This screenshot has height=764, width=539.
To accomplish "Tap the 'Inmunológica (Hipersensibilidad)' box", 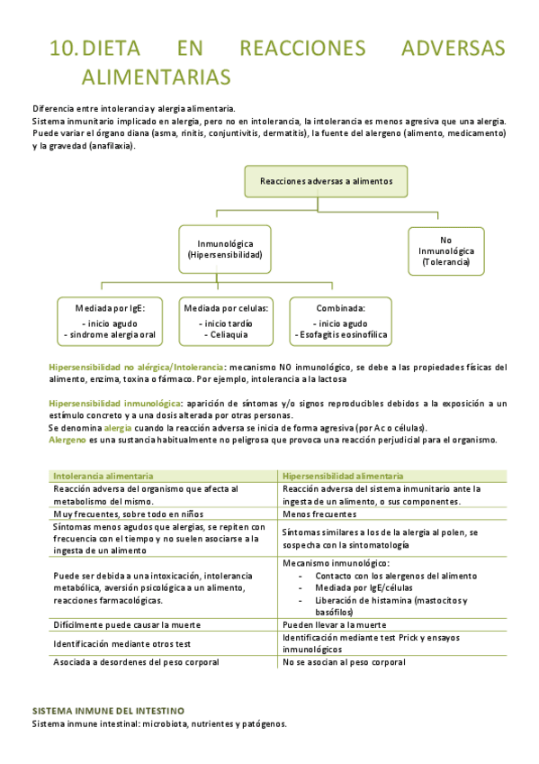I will click(225, 250).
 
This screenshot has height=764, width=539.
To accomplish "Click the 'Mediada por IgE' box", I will click(111, 321).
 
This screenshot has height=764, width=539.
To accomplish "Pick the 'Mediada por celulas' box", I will click(226, 321).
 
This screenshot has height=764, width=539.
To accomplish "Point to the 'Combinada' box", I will click(340, 321).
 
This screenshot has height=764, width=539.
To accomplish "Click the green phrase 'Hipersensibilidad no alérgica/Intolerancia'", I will click(136, 368).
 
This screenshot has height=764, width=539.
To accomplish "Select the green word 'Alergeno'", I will click(67, 441).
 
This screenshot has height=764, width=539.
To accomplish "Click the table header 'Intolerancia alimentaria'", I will click(103, 476).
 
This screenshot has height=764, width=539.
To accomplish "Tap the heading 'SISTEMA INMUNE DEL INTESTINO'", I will click(108, 710).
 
